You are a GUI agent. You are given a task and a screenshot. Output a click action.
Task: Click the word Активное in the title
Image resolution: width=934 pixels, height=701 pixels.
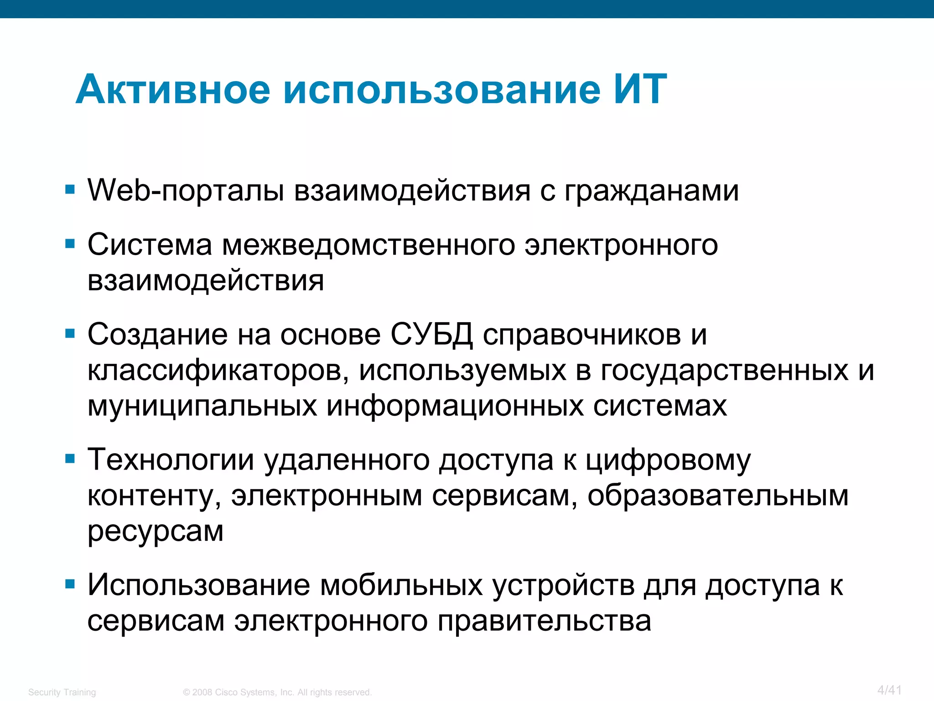click(x=173, y=89)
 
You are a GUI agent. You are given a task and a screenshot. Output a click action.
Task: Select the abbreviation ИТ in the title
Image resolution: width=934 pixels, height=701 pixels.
click(x=639, y=89)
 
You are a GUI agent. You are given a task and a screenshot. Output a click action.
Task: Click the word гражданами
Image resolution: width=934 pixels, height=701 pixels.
click(x=652, y=191)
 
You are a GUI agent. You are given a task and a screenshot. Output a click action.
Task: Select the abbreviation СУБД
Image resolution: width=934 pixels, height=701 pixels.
click(x=431, y=335)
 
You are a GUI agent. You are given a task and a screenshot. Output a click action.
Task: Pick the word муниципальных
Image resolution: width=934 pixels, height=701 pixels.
click(x=202, y=406)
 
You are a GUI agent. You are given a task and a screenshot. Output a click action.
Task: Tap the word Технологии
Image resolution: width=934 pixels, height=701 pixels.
click(x=171, y=460)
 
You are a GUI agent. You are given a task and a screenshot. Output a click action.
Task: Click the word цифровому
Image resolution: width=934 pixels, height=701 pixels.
click(x=668, y=460)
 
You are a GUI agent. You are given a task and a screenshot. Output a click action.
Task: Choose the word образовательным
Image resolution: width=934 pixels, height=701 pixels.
click(x=718, y=495)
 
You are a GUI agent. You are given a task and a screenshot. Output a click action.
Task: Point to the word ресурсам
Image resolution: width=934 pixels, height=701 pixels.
click(x=156, y=531)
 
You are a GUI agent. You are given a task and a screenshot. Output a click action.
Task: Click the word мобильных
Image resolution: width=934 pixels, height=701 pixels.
click(x=401, y=585)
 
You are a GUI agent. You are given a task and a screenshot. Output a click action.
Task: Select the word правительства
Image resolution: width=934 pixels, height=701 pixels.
click(x=544, y=621)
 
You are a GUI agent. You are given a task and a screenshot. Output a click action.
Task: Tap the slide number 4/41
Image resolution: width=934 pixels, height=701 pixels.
click(x=889, y=690)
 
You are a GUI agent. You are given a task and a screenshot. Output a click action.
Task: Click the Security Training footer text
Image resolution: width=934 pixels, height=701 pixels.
click(x=62, y=692)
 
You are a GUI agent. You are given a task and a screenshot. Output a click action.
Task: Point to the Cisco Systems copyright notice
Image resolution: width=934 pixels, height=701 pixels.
click(x=277, y=692)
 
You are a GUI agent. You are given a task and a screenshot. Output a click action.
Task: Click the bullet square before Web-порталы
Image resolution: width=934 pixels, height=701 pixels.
click(x=70, y=189)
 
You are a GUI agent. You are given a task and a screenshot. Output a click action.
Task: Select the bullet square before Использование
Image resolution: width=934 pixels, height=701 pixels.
click(x=70, y=584)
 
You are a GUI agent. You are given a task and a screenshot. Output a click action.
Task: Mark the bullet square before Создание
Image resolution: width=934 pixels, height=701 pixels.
click(x=70, y=334)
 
